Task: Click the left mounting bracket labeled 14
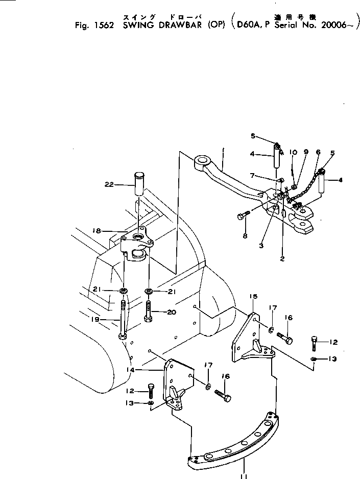(x=175, y=380)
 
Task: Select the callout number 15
(x=253, y=296)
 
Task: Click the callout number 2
(x=282, y=259)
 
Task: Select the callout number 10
(x=293, y=152)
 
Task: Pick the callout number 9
(x=306, y=152)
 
